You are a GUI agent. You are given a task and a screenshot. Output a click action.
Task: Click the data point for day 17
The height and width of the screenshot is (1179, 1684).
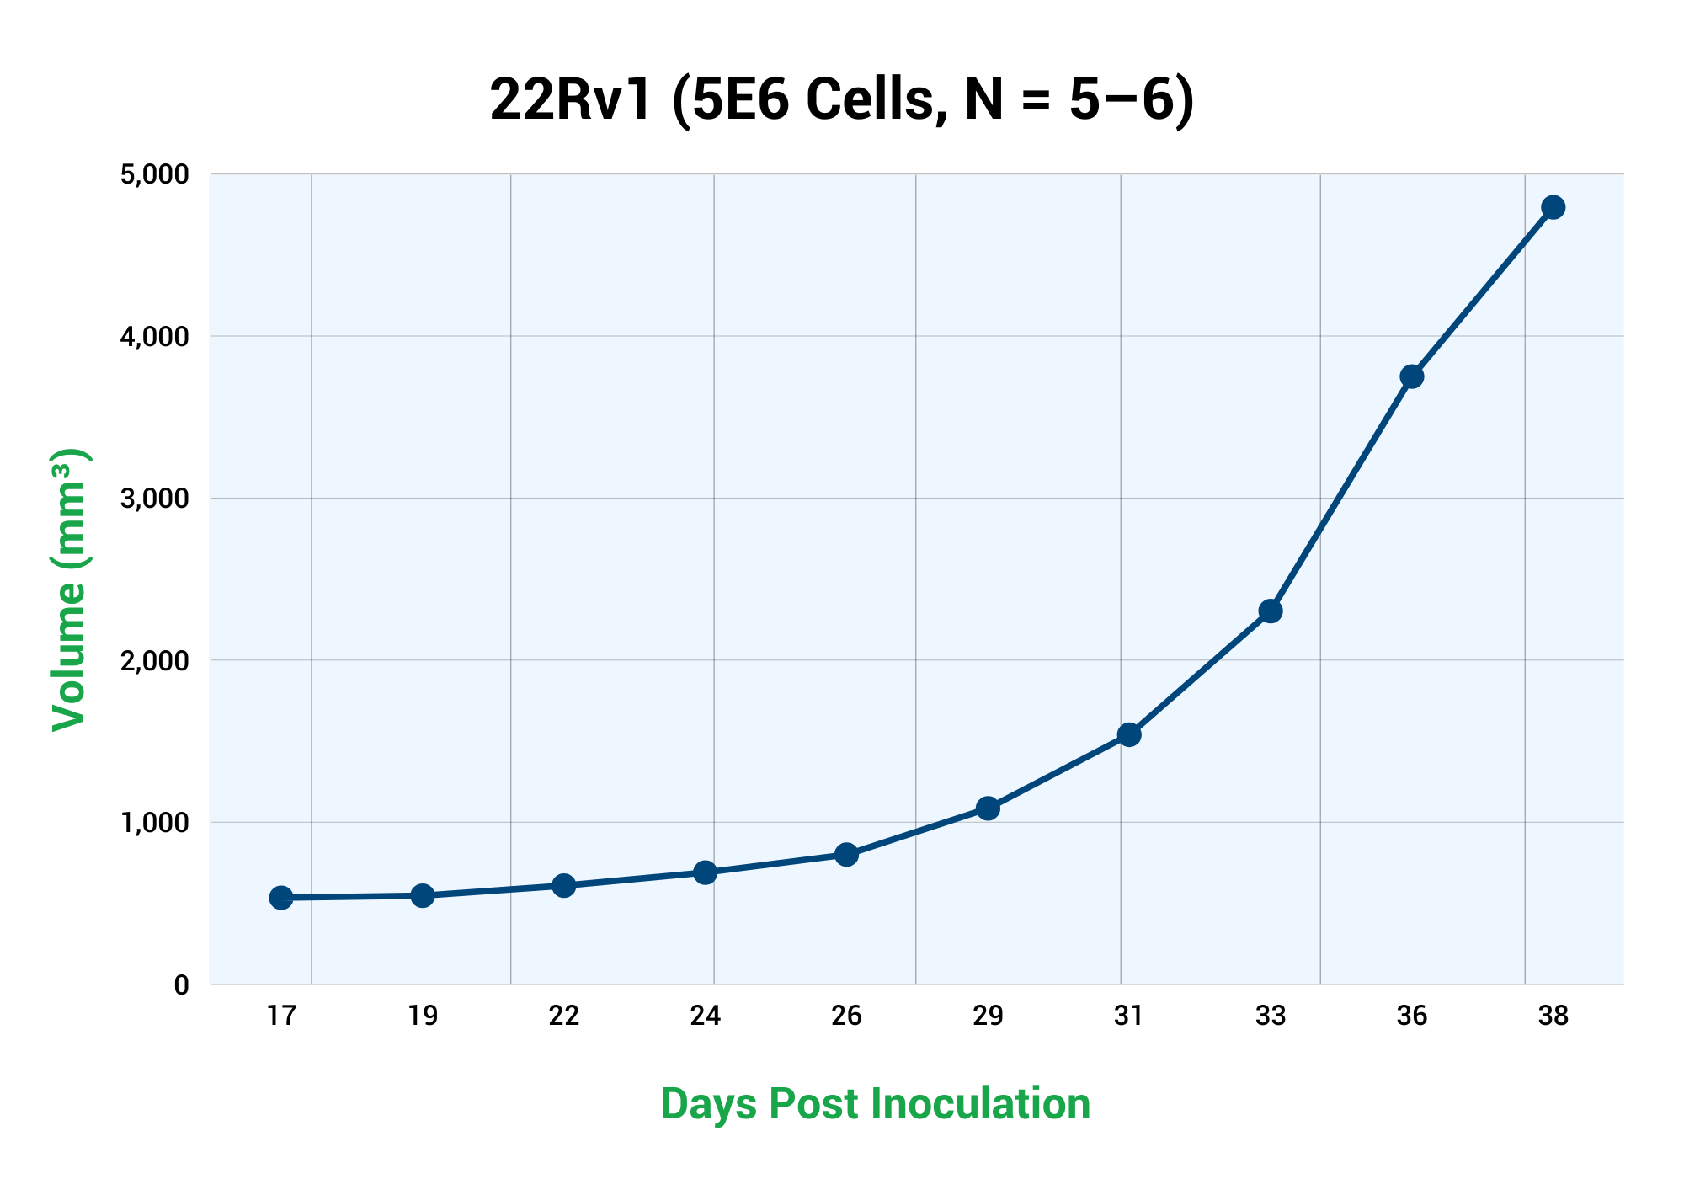pos(281,898)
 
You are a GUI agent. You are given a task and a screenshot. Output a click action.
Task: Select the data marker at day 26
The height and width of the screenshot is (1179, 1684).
pos(847,855)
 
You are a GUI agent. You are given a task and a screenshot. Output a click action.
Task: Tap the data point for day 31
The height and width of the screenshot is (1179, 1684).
pos(1129,734)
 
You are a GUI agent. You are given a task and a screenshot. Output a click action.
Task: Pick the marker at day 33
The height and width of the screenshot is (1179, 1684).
pos(1271,611)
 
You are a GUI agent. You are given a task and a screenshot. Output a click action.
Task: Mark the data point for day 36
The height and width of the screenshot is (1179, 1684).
pos(1412,376)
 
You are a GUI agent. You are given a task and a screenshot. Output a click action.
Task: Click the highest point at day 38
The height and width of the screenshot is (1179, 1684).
pos(1553,207)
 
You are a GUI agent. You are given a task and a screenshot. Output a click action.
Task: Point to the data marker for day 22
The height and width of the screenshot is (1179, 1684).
pos(564,885)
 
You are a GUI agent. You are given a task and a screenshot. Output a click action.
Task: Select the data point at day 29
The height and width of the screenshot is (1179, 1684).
pos(989,808)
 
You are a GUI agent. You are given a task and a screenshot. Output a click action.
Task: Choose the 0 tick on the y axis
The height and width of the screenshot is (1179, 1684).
pos(181,984)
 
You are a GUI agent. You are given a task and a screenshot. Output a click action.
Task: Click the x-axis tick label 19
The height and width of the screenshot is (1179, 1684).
pos(423,1016)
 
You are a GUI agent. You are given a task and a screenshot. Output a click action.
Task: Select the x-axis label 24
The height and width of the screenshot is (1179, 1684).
pos(706,1016)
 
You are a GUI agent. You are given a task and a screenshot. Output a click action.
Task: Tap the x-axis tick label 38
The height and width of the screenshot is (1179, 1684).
pos(1553,1016)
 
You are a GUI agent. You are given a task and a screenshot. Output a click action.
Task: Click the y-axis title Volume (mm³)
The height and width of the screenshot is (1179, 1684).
pos(70,589)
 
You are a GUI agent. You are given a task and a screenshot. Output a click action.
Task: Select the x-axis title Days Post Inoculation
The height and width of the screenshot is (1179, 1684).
pos(875,1103)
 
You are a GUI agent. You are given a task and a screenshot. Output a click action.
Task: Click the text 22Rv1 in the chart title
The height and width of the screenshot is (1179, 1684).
pos(571,100)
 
